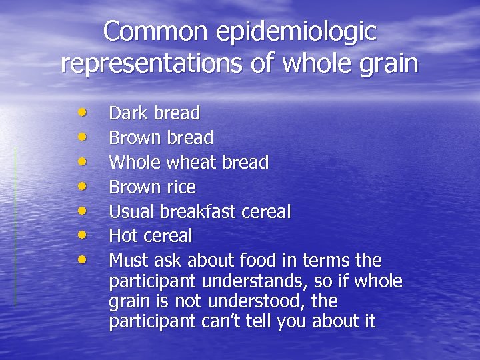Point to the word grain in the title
pyautogui.click(x=386, y=65)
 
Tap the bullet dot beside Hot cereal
pyautogui.click(x=81, y=234)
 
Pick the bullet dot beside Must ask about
pyautogui.click(x=81, y=258)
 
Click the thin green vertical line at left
pyautogui.click(x=15, y=227)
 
